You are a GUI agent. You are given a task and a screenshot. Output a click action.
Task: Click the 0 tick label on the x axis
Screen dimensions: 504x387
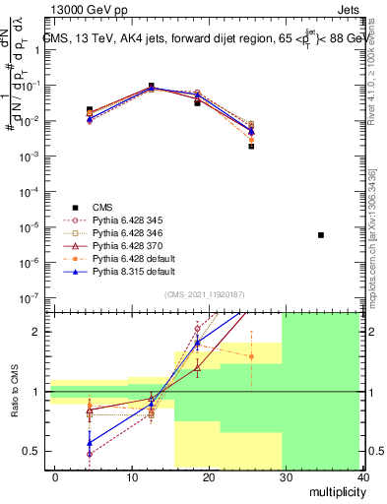[56, 476]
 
